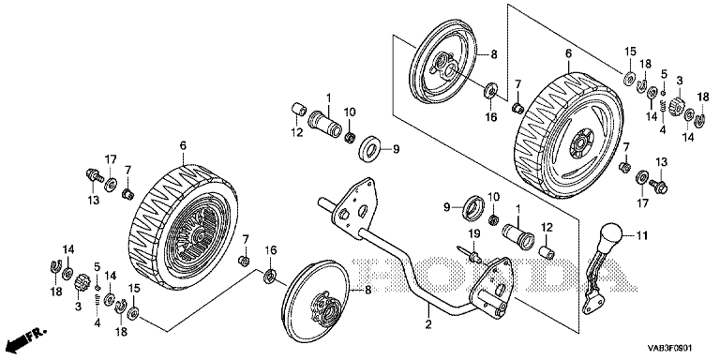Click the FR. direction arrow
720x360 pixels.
click(24, 338)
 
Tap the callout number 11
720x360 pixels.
click(641, 236)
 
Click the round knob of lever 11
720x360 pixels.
click(609, 235)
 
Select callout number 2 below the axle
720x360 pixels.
click(428, 324)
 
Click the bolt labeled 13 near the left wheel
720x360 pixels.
click(93, 175)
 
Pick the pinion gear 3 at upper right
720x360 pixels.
click(678, 107)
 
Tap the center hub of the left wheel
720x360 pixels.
click(200, 236)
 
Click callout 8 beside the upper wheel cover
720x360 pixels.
click(494, 54)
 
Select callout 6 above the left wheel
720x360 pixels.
click(183, 146)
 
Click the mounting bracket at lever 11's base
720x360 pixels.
click(592, 304)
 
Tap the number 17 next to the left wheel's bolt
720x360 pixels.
click(111, 159)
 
